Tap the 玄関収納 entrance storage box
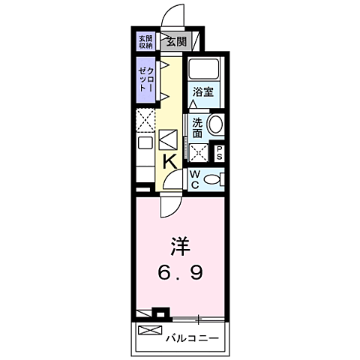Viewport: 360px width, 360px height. (145, 42)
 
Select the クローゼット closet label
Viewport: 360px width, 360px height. (145, 78)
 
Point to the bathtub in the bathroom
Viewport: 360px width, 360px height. (202, 69)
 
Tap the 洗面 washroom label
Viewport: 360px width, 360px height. (197, 127)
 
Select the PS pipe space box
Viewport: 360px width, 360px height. (219, 154)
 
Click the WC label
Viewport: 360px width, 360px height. (194, 178)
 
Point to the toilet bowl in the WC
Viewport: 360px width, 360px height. (213, 178)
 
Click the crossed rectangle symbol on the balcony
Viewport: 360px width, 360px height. (149, 330)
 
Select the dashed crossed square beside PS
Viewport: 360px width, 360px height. (199, 154)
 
